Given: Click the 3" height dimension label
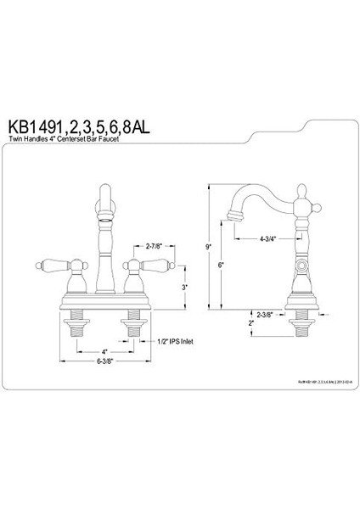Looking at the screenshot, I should coord(184,287).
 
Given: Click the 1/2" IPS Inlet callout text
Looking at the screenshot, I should coord(180,341).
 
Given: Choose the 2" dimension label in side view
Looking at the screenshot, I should coord(252,323).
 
